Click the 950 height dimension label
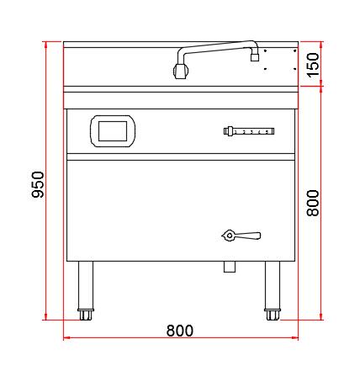pos(38,184)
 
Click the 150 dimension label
pos(313,65)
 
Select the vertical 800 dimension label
pos(313,203)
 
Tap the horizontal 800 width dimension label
pos(180,331)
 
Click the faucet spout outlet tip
pos(255,58)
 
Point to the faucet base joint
pos(180,71)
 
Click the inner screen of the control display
pos(113,131)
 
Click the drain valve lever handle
pos(247,236)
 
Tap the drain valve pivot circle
pos(230,236)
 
